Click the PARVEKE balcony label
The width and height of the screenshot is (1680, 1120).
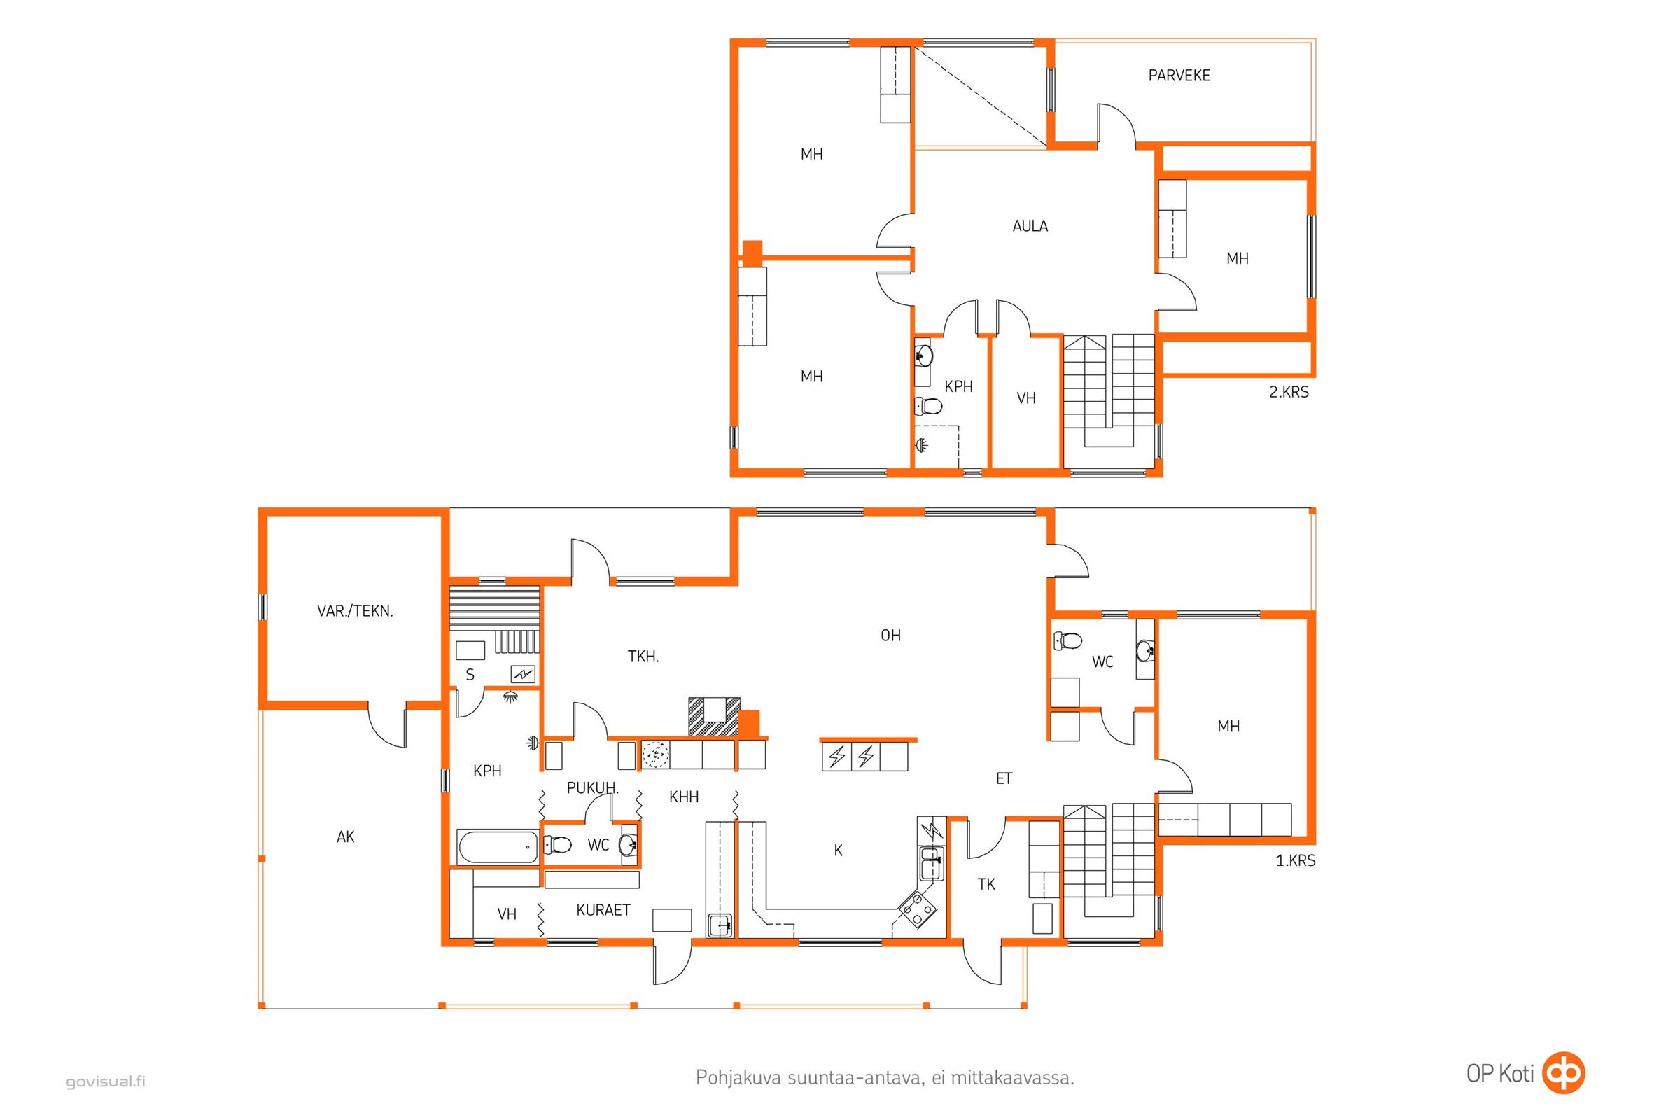tap(1179, 75)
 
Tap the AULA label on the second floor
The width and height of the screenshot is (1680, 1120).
tap(1030, 225)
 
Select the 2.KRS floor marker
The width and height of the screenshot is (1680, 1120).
tap(1289, 391)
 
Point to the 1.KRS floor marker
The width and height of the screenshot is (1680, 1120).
tap(1295, 860)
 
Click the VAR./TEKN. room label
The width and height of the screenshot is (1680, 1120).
tap(355, 610)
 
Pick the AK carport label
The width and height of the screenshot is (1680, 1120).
tap(346, 836)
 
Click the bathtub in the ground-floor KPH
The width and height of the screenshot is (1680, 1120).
tap(498, 847)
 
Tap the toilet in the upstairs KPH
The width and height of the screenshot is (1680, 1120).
tap(929, 407)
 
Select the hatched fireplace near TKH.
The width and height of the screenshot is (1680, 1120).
tap(713, 717)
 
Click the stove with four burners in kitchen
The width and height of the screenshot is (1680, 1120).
tap(917, 909)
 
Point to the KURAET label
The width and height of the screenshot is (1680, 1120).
tap(603, 910)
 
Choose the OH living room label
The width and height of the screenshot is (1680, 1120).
tap(890, 635)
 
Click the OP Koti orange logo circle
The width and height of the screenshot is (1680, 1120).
tap(1564, 1073)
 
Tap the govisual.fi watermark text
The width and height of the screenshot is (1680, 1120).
tap(106, 1081)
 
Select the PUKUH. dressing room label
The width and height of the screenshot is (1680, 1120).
tap(593, 788)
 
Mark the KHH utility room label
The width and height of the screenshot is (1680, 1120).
tap(684, 797)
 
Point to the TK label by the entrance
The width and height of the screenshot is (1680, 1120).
tap(986, 884)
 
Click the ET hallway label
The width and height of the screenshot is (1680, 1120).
tap(1004, 778)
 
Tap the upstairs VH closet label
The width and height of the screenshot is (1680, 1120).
tap(1026, 398)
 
